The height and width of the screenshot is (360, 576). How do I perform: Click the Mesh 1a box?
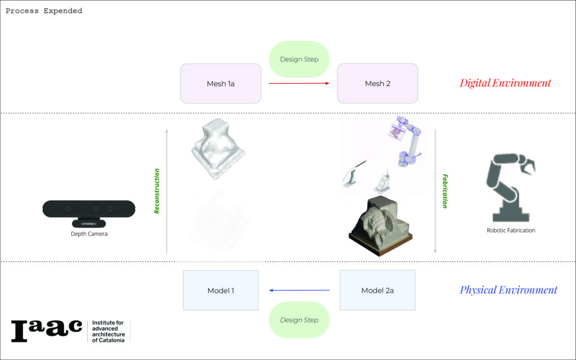click(220, 83)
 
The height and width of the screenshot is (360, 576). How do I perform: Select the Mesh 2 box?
click(377, 83)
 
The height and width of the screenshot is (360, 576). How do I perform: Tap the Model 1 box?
click(220, 291)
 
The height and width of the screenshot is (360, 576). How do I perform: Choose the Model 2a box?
click(377, 290)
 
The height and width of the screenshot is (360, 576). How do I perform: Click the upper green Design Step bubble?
click(299, 59)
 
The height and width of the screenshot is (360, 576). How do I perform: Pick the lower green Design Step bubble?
click(299, 320)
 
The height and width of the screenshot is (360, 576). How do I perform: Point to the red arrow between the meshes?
click(299, 83)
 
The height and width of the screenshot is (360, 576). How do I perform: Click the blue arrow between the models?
click(299, 290)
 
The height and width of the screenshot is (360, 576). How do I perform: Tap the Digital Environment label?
click(505, 83)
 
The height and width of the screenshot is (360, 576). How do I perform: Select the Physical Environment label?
click(508, 290)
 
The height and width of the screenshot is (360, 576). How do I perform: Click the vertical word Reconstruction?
click(157, 191)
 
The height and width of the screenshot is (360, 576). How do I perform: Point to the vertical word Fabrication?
click(445, 191)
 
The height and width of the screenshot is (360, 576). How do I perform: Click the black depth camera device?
click(89, 213)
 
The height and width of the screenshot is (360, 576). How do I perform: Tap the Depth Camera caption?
click(89, 234)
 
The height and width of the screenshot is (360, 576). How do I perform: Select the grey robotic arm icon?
click(511, 187)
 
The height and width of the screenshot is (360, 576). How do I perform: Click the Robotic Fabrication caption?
click(511, 230)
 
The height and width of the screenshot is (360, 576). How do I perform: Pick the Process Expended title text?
click(44, 11)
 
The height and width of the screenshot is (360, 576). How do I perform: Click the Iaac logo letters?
click(47, 330)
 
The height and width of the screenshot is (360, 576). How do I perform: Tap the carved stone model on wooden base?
click(381, 226)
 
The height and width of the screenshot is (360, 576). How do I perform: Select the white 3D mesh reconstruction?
click(218, 148)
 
